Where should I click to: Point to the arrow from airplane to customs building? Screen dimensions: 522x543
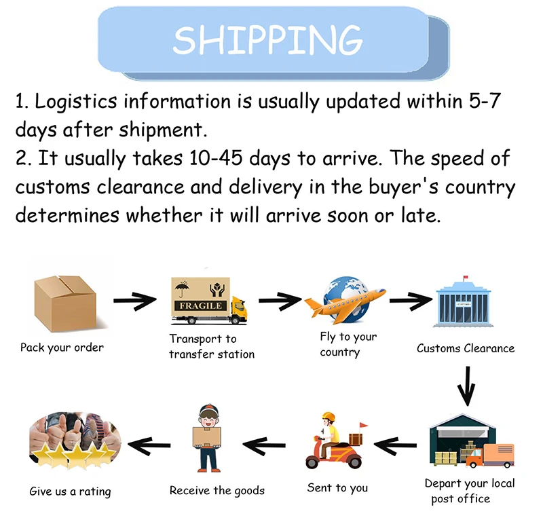[x=411, y=299]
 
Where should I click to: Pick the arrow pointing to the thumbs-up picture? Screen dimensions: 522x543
[x=149, y=446]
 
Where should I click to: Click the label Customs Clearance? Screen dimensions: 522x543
[x=465, y=349]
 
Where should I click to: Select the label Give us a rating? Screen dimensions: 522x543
[x=70, y=491]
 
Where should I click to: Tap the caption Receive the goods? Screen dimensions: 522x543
[x=217, y=490]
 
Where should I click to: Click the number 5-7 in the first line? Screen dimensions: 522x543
[x=484, y=102]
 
